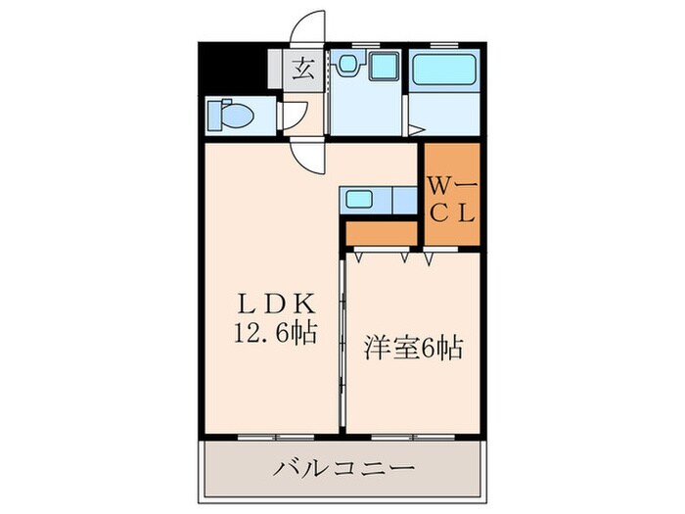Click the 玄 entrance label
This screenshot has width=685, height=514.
[304, 68]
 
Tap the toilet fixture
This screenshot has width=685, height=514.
[228, 115]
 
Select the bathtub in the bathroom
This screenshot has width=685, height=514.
[444, 70]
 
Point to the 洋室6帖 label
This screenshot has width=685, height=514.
[414, 347]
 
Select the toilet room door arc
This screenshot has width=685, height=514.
[293, 111]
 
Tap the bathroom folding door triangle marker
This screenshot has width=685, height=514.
[415, 129]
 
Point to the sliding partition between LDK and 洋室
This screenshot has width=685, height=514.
[342, 343]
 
